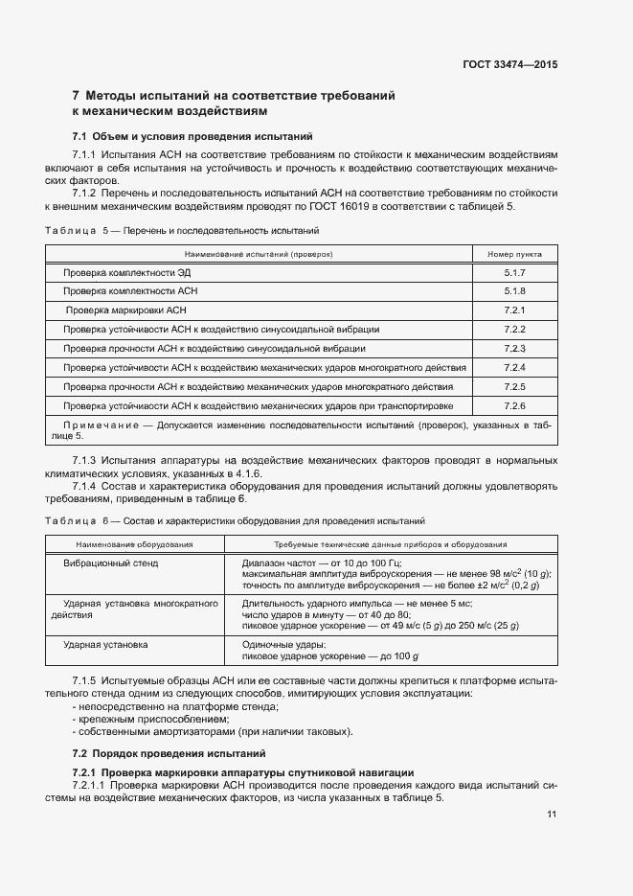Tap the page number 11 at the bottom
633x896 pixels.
click(x=552, y=815)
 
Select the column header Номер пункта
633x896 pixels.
click(x=514, y=254)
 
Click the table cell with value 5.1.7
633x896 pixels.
click(x=514, y=273)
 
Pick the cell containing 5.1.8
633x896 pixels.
click(x=514, y=291)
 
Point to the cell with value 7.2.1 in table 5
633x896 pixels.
click(x=514, y=310)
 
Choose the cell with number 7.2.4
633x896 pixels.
click(x=514, y=368)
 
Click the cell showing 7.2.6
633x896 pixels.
click(x=514, y=406)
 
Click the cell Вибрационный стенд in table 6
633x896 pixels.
click(x=111, y=563)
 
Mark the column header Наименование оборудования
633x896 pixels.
click(x=133, y=544)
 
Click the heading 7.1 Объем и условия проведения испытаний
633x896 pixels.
click(x=192, y=136)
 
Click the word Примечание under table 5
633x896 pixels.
click(x=100, y=425)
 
